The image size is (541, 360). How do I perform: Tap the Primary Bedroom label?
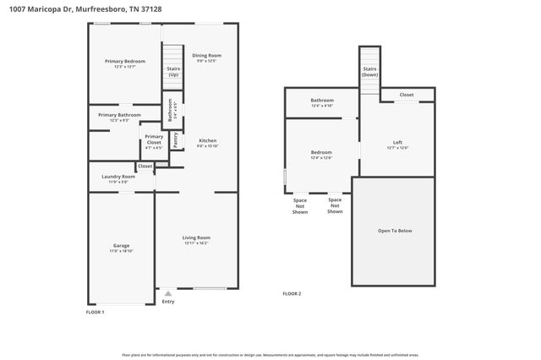[x=125, y=62]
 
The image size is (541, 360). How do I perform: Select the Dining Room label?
[x=206, y=56]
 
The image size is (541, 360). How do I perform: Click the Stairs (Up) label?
[x=172, y=71]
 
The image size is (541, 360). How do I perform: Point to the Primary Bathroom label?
[x=119, y=115]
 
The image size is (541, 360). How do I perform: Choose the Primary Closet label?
[x=154, y=139]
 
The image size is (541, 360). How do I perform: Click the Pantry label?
[x=175, y=140]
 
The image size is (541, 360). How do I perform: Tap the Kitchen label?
[x=207, y=140]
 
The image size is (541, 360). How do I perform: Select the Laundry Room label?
[x=118, y=177]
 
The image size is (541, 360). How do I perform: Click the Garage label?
[x=122, y=246]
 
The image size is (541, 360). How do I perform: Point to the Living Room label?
[x=196, y=237]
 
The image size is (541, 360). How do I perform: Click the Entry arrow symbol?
[x=167, y=293]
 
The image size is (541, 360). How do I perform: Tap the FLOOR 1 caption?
[x=96, y=312]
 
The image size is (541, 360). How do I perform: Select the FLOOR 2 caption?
[x=292, y=293]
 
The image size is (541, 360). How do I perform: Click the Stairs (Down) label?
[x=369, y=71]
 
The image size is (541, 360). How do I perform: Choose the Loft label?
[x=397, y=142]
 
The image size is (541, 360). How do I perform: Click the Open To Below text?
[x=395, y=230]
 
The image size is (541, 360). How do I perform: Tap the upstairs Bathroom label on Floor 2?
[x=322, y=101]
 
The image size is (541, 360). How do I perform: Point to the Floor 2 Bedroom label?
[x=321, y=152]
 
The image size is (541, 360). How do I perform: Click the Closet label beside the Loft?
[x=407, y=95]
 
